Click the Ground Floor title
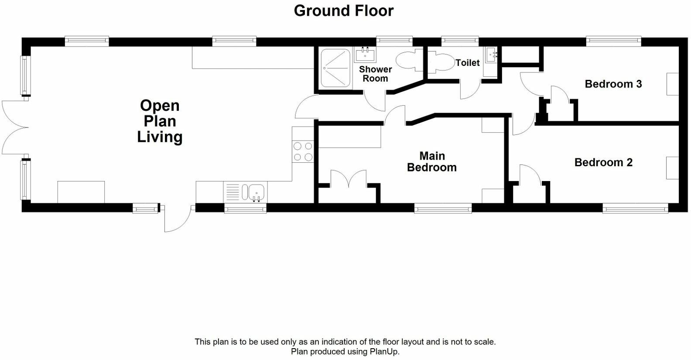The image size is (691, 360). point(343,10)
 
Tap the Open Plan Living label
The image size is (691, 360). point(160,121)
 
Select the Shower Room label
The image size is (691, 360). point(375,74)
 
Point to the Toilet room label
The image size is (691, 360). point(468,63)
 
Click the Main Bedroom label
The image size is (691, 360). point(431,161)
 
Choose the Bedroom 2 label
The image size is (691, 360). point(603,162)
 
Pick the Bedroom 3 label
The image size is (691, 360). point(613,84)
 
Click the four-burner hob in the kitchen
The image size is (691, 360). point(303,151)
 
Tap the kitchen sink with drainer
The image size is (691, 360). point(245,192)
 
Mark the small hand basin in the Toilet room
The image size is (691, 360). point(493,55)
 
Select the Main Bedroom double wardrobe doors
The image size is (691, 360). point(348,179)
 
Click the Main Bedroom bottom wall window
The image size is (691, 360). point(443,209)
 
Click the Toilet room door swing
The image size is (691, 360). point(470,89)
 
